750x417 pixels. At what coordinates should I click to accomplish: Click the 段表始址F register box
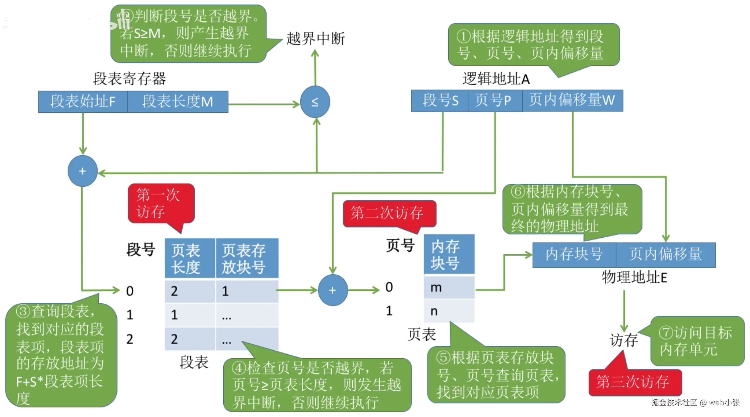pos(83,102)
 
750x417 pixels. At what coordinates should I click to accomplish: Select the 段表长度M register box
pos(178,102)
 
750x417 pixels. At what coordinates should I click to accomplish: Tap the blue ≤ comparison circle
pos(315,102)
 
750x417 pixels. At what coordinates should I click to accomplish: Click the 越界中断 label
pos(315,39)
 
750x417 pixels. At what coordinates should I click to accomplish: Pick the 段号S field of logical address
pos(440,101)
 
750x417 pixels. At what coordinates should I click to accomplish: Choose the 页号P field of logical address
pos(495,101)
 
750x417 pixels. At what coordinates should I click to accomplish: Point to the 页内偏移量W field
pos(572,101)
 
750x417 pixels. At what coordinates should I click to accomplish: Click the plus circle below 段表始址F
pos(82,171)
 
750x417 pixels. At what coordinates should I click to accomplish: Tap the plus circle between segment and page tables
pos(333,290)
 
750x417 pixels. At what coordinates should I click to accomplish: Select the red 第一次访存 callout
pos(160,204)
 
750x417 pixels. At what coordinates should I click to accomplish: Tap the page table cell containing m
pos(449,287)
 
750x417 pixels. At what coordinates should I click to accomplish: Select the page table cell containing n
pos(449,311)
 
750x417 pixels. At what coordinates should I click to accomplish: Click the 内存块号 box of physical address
pos(574,255)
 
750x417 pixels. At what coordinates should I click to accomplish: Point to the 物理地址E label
pos(634,277)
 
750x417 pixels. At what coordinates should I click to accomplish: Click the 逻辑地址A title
pos(496,79)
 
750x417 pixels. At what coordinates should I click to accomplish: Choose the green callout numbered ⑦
pos(697,341)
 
